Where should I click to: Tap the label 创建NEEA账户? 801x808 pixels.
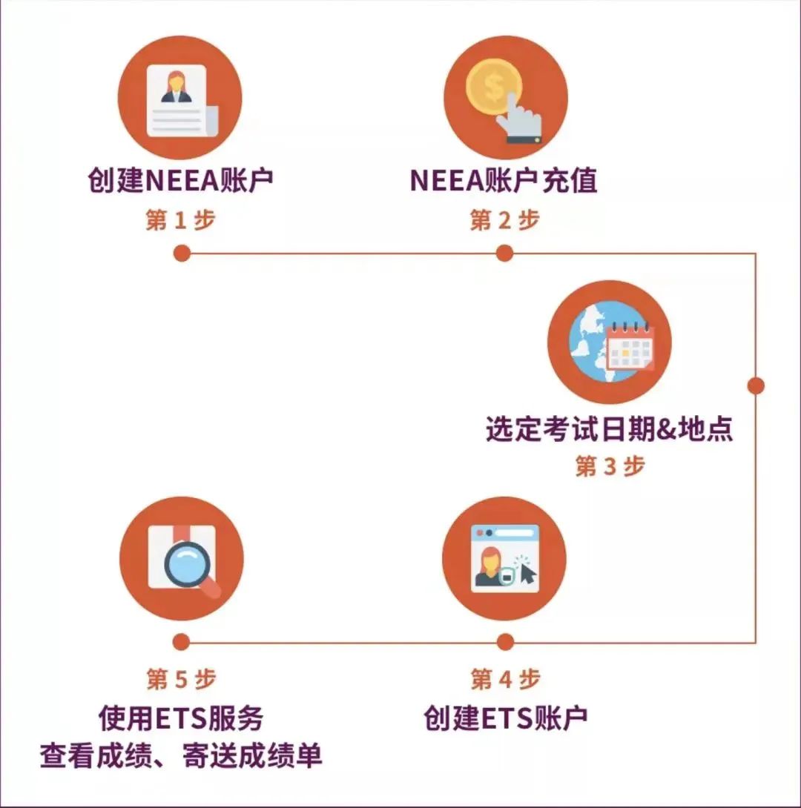(180, 181)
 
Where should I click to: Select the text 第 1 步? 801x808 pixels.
(180, 220)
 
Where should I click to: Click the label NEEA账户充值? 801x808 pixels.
(504, 181)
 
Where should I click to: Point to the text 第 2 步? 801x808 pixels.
(504, 220)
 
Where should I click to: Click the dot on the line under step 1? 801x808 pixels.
(181, 254)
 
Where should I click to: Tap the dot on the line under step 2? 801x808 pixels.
(504, 254)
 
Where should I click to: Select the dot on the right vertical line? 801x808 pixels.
(755, 385)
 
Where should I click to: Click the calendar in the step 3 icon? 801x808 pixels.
(629, 346)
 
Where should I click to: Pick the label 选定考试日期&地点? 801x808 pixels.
(610, 429)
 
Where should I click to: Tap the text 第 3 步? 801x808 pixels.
(610, 466)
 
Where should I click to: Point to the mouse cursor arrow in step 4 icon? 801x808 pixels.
(528, 573)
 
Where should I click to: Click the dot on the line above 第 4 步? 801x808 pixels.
(505, 642)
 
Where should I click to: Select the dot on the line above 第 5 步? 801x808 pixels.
(181, 642)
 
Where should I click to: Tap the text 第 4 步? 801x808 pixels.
(505, 679)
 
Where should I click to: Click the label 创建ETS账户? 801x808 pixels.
(505, 718)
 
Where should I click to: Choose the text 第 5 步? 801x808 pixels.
(181, 679)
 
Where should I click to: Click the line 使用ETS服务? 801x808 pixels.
(181, 718)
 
